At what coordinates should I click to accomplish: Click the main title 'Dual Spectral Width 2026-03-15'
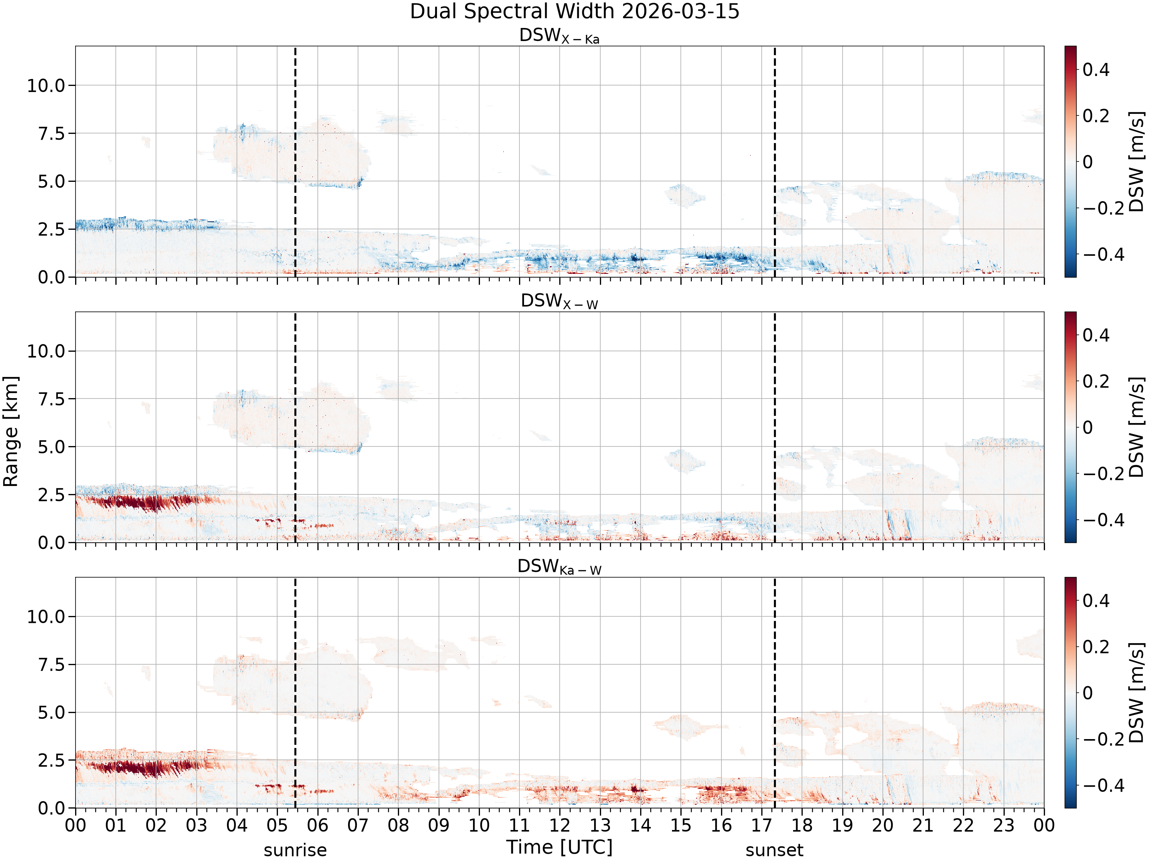click(x=575, y=12)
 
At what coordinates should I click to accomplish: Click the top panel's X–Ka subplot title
click(x=559, y=36)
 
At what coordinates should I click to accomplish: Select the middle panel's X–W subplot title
click(x=559, y=301)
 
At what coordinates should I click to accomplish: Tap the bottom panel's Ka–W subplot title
click(x=559, y=567)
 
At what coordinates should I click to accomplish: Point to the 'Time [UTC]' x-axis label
click(x=559, y=847)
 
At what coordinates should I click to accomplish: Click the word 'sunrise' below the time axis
click(x=295, y=850)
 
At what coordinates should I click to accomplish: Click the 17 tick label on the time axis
click(x=762, y=825)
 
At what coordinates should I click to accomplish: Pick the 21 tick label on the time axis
click(x=923, y=825)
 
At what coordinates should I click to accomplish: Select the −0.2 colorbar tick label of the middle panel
click(x=1103, y=474)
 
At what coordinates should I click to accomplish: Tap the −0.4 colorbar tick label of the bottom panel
click(x=1103, y=786)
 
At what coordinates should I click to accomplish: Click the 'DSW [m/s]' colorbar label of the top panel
click(x=1137, y=162)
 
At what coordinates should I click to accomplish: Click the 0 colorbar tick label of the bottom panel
click(x=1088, y=693)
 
